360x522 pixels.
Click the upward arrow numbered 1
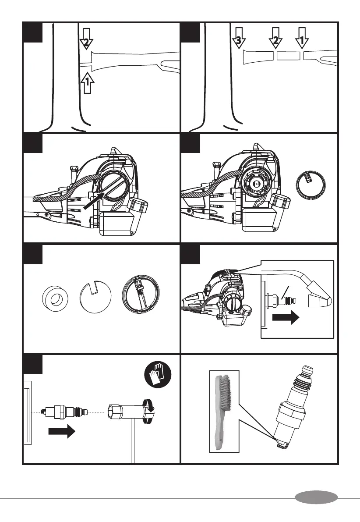[x=87, y=82]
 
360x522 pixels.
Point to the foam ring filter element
[x=55, y=299]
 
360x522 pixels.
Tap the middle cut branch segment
[x=289, y=55]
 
